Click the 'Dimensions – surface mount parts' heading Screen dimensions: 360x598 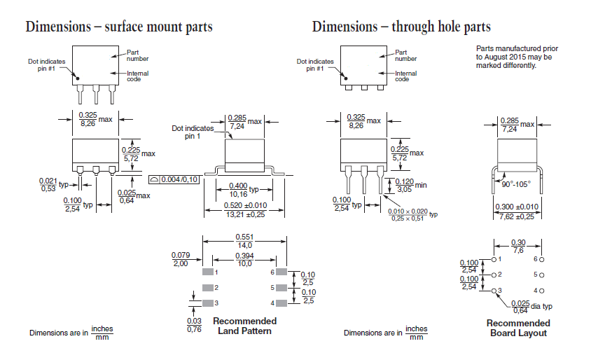click(x=119, y=27)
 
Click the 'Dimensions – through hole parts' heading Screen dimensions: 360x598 click(x=401, y=27)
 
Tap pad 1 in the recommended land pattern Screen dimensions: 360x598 click(x=208, y=271)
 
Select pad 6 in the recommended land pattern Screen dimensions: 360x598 click(x=281, y=271)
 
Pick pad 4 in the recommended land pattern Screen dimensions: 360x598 click(x=281, y=303)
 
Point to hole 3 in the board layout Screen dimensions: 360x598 click(x=494, y=290)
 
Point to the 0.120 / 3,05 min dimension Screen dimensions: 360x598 click(x=405, y=185)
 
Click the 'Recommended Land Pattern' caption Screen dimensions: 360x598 click(x=244, y=326)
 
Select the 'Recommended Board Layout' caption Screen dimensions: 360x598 click(x=518, y=328)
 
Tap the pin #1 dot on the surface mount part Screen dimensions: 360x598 click(x=78, y=78)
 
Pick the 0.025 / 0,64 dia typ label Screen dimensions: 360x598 click(x=520, y=306)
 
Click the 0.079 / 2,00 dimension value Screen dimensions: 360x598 click(x=181, y=258)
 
